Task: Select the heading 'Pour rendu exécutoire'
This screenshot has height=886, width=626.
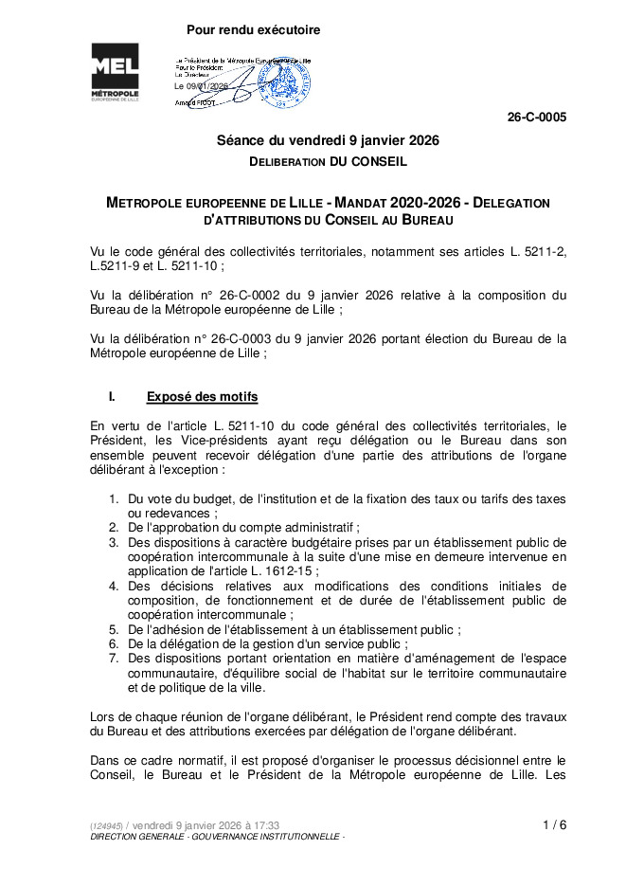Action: click(x=253, y=30)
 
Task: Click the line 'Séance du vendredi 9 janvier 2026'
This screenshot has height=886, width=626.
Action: click(x=328, y=140)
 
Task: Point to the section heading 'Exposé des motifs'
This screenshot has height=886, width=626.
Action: click(x=202, y=396)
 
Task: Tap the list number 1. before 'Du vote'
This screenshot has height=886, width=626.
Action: click(x=114, y=498)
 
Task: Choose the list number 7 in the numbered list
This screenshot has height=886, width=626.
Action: click(x=114, y=658)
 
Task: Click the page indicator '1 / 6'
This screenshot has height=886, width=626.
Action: click(x=555, y=824)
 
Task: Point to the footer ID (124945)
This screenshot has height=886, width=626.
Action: click(x=106, y=826)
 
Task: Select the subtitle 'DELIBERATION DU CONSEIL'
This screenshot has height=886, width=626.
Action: click(x=328, y=162)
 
